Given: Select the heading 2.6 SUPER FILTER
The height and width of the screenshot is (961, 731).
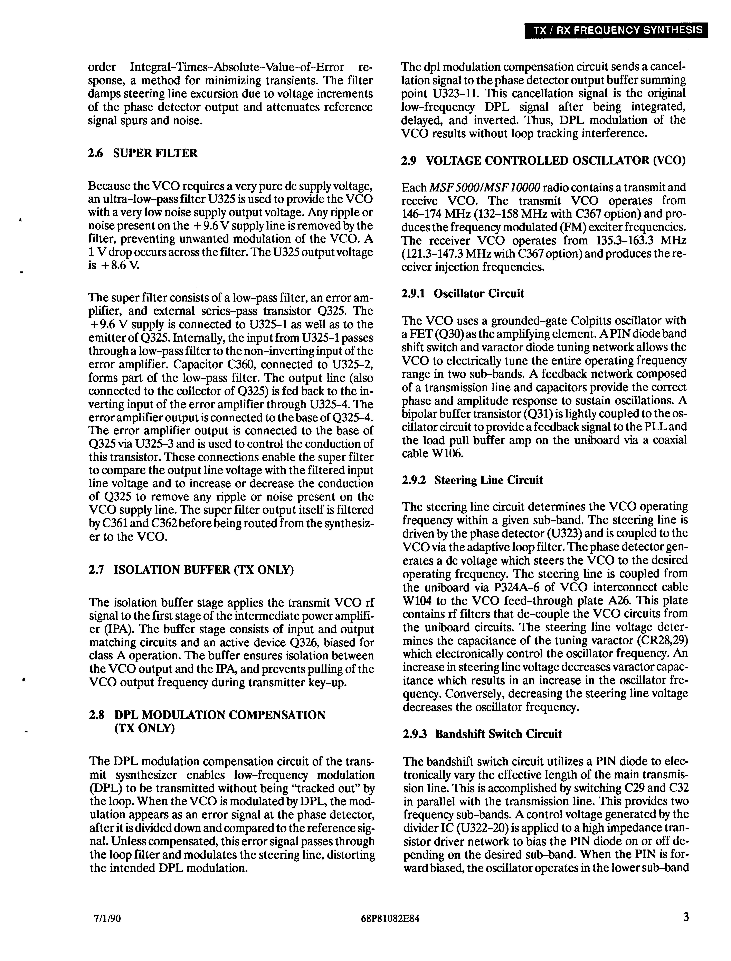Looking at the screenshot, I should pyautogui.click(x=143, y=153).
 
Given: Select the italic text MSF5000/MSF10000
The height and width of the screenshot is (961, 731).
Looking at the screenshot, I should pyautogui.click(x=485, y=188).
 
